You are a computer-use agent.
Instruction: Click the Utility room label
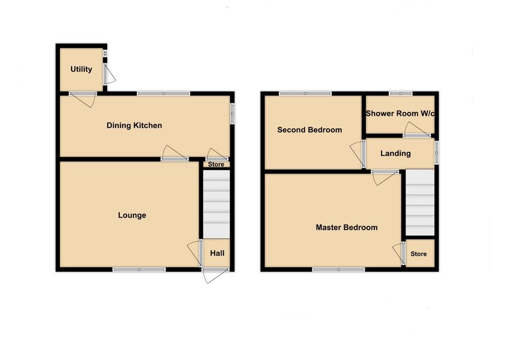click(x=81, y=69)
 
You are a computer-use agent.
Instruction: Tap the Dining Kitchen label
click(x=134, y=126)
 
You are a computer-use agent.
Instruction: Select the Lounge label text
click(x=131, y=215)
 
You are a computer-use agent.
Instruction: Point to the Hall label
click(x=217, y=253)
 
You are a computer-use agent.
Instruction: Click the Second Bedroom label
click(x=310, y=130)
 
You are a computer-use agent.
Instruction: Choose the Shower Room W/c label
click(x=400, y=113)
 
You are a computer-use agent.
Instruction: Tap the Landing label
click(x=396, y=154)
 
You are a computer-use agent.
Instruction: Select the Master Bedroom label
click(x=347, y=227)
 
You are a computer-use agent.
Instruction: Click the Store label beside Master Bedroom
click(x=418, y=254)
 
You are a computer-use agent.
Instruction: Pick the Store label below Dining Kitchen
click(x=216, y=164)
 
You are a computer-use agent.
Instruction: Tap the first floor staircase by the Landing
click(x=420, y=203)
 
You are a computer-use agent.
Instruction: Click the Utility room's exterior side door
click(x=108, y=75)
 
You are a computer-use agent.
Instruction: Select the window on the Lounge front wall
click(x=139, y=269)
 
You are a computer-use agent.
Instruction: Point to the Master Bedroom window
click(x=338, y=269)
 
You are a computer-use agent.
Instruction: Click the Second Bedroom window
click(x=305, y=94)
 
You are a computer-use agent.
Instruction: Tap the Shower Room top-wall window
click(x=400, y=94)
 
